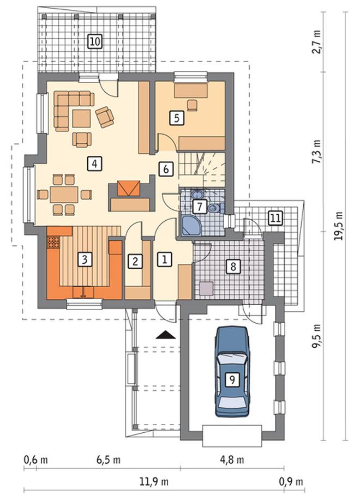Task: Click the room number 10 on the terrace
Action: point(94,41)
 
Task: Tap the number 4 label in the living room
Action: point(94,164)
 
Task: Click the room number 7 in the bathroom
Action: point(200,207)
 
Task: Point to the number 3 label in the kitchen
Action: point(85,259)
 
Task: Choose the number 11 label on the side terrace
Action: point(275,218)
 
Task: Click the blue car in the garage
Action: point(232,371)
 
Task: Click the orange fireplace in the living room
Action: point(129,188)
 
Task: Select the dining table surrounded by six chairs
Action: point(64,195)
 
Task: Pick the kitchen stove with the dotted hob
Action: point(54,242)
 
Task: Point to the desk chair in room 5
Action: point(192,105)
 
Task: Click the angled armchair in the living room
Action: point(105,117)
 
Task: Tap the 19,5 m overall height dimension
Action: point(339,226)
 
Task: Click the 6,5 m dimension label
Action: point(109,460)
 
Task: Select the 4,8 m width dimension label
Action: point(232,460)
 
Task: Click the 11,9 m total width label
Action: point(153,481)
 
